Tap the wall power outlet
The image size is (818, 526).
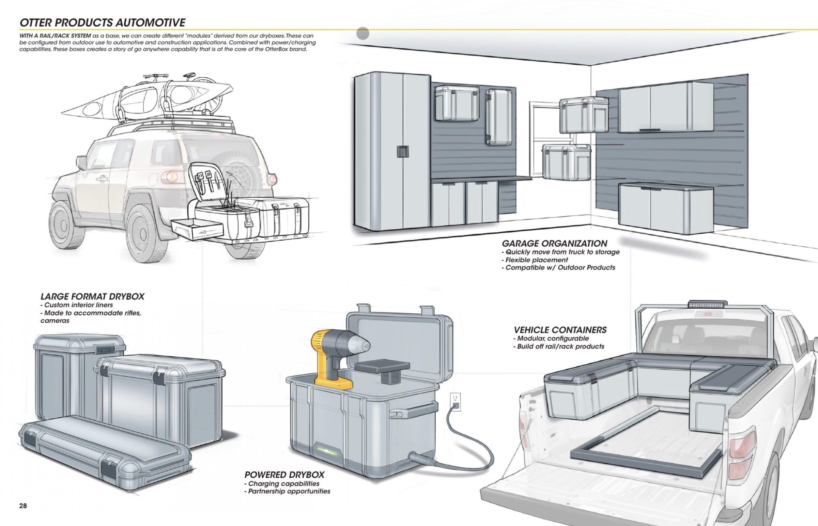tap(455, 402)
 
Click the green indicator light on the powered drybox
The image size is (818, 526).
tap(327, 451)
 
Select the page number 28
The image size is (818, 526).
tap(23, 506)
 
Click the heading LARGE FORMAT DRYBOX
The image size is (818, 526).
tap(92, 296)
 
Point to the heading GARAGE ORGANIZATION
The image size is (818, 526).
tap(554, 244)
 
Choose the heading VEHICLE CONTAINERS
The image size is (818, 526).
tap(560, 330)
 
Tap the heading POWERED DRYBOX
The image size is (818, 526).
tap(284, 475)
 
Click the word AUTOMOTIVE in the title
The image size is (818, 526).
tap(150, 23)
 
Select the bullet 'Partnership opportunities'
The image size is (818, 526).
tap(289, 491)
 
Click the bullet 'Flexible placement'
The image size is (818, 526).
tap(537, 260)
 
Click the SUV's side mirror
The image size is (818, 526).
tap(81, 162)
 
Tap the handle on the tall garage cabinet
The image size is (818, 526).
tap(403, 151)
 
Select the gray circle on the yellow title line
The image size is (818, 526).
tap(363, 33)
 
